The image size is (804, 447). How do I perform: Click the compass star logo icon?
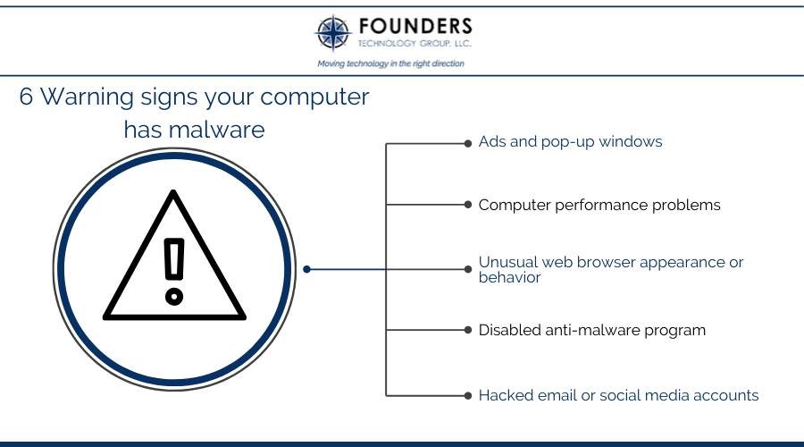[333, 33]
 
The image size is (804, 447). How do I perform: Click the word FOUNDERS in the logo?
[415, 26]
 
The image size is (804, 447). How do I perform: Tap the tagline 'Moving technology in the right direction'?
[390, 63]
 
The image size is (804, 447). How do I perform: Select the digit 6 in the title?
[26, 97]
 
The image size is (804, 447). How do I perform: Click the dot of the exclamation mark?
[174, 297]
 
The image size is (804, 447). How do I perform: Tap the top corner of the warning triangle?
[174, 191]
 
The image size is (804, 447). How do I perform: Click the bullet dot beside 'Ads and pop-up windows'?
[467, 144]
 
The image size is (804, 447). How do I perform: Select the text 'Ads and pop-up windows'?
[570, 142]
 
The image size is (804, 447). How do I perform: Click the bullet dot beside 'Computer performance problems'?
[467, 205]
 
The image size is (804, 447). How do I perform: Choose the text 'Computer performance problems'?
[599, 206]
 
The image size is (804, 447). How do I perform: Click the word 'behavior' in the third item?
[510, 278]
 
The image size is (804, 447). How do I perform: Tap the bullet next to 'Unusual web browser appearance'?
[467, 269]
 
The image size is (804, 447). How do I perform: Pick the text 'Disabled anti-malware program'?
[592, 331]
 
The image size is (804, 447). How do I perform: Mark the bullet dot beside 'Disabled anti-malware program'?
[467, 330]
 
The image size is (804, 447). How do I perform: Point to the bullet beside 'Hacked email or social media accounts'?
[467, 396]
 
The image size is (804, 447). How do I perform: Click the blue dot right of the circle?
[306, 269]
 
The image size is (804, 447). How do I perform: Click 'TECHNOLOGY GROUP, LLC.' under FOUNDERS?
[415, 44]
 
